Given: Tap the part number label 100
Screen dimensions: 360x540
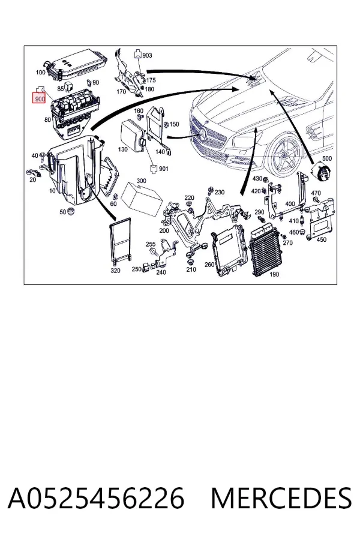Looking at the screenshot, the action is tap(40, 73).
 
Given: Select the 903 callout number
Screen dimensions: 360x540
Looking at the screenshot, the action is tap(147, 55).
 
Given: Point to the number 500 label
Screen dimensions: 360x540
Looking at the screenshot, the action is tap(326, 158).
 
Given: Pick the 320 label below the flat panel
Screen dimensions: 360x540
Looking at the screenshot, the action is tap(115, 271).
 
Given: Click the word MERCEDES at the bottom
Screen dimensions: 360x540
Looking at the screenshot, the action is tap(281, 498).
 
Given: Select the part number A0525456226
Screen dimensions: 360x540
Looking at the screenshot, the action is tap(96, 498).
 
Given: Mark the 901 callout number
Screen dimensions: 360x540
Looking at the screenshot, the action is tap(164, 169).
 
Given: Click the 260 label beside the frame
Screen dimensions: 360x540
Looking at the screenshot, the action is tap(209, 265).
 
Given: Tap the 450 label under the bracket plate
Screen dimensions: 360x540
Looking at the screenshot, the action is tap(321, 239).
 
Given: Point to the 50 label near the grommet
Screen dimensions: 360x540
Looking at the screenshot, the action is tap(62, 212).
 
